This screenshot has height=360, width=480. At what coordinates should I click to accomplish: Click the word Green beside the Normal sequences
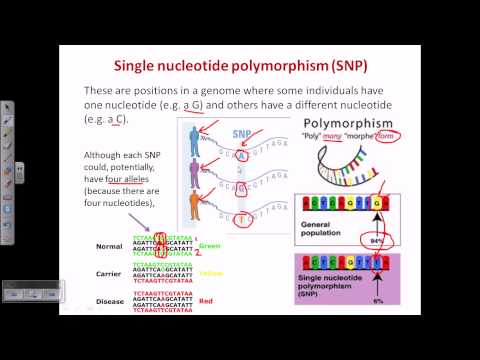point(209,245)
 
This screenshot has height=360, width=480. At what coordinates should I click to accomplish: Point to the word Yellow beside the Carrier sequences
point(211,272)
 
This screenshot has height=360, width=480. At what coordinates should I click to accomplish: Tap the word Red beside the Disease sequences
point(205,298)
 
